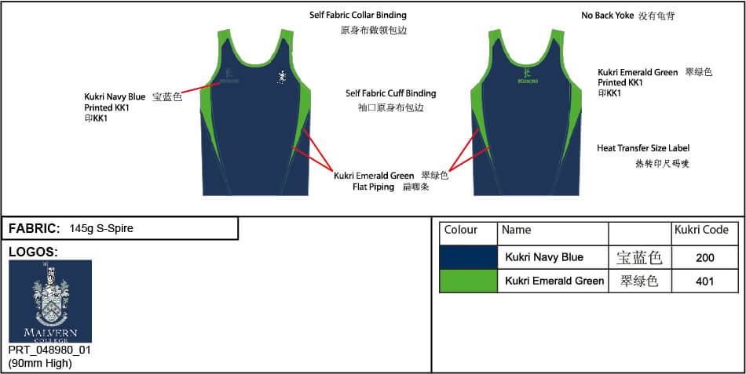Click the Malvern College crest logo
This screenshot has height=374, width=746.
tap(50, 301)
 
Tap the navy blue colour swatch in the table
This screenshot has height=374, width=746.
tap(468, 257)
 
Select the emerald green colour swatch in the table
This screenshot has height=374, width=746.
tap(468, 281)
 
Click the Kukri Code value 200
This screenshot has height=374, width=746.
tap(705, 257)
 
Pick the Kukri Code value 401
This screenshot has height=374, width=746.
tap(705, 281)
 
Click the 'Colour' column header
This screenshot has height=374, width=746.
tap(461, 231)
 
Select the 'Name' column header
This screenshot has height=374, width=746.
tap(517, 231)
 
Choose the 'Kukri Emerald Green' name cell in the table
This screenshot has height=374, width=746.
tap(554, 281)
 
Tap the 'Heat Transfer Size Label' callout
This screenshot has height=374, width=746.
tap(643, 148)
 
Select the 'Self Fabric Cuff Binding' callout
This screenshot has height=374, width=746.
tap(390, 93)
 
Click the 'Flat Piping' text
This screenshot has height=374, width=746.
tap(374, 187)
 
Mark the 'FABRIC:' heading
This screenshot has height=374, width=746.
tap(34, 229)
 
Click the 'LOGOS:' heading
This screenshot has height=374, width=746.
tap(33, 252)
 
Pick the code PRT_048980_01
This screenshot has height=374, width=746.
tap(49, 350)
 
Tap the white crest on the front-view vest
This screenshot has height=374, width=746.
tap(281, 77)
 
